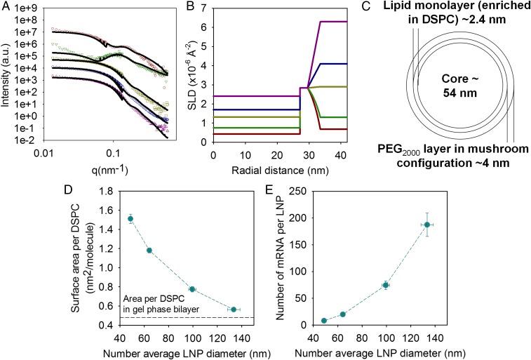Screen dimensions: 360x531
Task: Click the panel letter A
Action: pos(6,6)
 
